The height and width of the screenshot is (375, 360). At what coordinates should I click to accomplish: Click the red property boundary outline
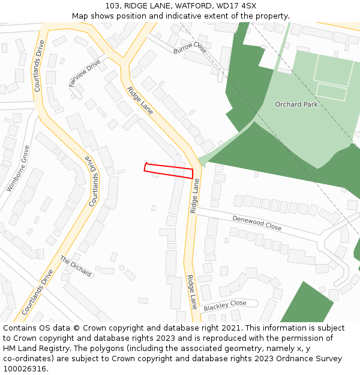point(169,170)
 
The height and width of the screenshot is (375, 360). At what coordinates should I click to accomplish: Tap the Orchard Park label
point(296,104)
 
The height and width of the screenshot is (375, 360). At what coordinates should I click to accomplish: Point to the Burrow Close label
point(190,47)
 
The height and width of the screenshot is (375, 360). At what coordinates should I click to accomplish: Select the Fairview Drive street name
point(85,74)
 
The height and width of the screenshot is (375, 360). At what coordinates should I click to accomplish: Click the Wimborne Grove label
point(18,169)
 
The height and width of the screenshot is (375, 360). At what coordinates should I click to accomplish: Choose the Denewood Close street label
point(257,223)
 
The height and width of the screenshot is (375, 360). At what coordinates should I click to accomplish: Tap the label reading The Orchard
point(76,266)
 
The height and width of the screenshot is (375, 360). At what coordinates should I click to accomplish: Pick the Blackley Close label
point(225,306)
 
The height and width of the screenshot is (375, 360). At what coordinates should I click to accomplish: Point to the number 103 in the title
point(112,6)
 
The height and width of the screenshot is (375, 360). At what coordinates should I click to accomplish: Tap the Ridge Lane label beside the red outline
point(194,195)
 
